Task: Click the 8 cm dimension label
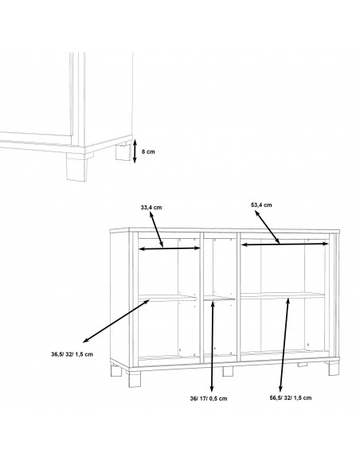point(148,151)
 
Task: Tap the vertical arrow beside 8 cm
point(135,151)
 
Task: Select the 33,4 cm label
point(151,207)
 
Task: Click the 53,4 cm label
point(261,205)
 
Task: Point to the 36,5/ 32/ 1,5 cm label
point(72,354)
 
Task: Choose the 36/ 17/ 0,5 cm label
point(209,399)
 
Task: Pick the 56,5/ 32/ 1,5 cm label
point(291,397)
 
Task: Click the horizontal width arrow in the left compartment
point(170,248)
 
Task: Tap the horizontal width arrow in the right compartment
point(284,244)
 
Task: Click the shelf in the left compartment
point(167,298)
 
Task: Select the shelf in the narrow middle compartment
point(220,298)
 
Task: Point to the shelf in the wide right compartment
point(283,295)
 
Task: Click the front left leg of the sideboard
point(135,377)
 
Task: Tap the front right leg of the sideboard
point(334,368)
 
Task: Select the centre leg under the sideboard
point(228,372)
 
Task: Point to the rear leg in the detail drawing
point(123,152)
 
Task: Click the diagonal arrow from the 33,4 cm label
point(156,230)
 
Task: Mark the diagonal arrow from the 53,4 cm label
point(267,227)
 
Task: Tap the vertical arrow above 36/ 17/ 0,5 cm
point(213,346)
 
